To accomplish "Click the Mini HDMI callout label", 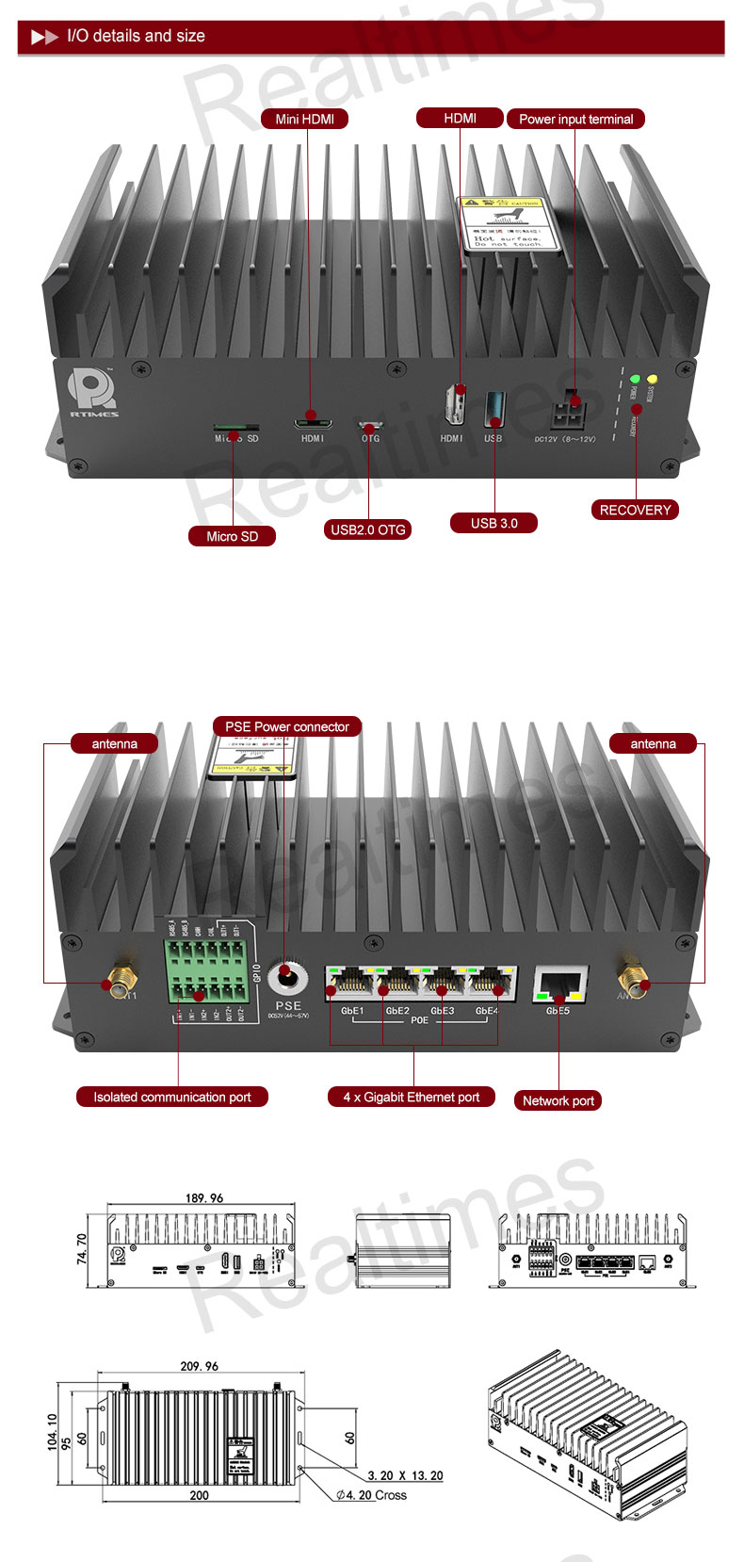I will pos(304,119).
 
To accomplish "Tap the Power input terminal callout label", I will pos(575,119).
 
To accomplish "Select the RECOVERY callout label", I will pos(635,510).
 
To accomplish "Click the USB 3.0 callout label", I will pos(494,523).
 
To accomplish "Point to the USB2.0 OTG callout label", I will pos(367,529).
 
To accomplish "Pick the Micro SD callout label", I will pos(232,536).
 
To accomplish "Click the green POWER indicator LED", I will pos(636,379).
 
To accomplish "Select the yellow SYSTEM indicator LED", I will pos(652,379).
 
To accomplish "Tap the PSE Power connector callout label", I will pos(287,726).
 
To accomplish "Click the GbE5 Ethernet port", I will pos(559,984).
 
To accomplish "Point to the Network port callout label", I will pos(558,1100).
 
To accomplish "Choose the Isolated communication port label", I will pos(172,1097).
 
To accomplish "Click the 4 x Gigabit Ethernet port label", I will pos(411,1097).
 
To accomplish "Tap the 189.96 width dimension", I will pos(204,1198).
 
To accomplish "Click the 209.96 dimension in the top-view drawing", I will pos(199,1366).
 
